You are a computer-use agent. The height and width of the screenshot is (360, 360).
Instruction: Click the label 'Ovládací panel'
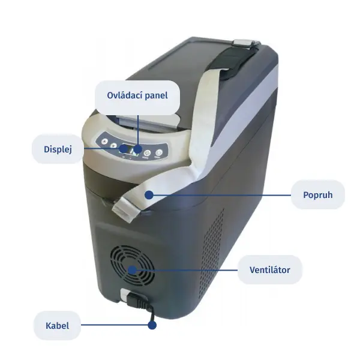137,95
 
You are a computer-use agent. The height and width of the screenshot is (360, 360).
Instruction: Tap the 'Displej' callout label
58,149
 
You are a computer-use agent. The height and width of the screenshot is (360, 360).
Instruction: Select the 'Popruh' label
318,195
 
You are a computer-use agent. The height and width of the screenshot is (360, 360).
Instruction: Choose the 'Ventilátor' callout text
270,270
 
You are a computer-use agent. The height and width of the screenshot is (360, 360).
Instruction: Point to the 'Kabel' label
57,326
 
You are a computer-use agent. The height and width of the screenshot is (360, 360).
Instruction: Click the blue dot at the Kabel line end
152,325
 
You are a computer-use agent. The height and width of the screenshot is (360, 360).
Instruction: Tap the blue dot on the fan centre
132,270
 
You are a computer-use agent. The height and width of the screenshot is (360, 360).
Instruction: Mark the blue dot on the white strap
149,195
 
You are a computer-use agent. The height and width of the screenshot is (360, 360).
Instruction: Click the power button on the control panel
158,152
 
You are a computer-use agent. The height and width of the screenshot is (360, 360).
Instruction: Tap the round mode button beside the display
147,152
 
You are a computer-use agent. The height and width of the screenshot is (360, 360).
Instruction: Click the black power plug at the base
137,301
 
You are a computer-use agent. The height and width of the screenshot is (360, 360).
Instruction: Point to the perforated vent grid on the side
212,253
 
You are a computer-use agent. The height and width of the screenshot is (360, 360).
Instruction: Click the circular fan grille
132,266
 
